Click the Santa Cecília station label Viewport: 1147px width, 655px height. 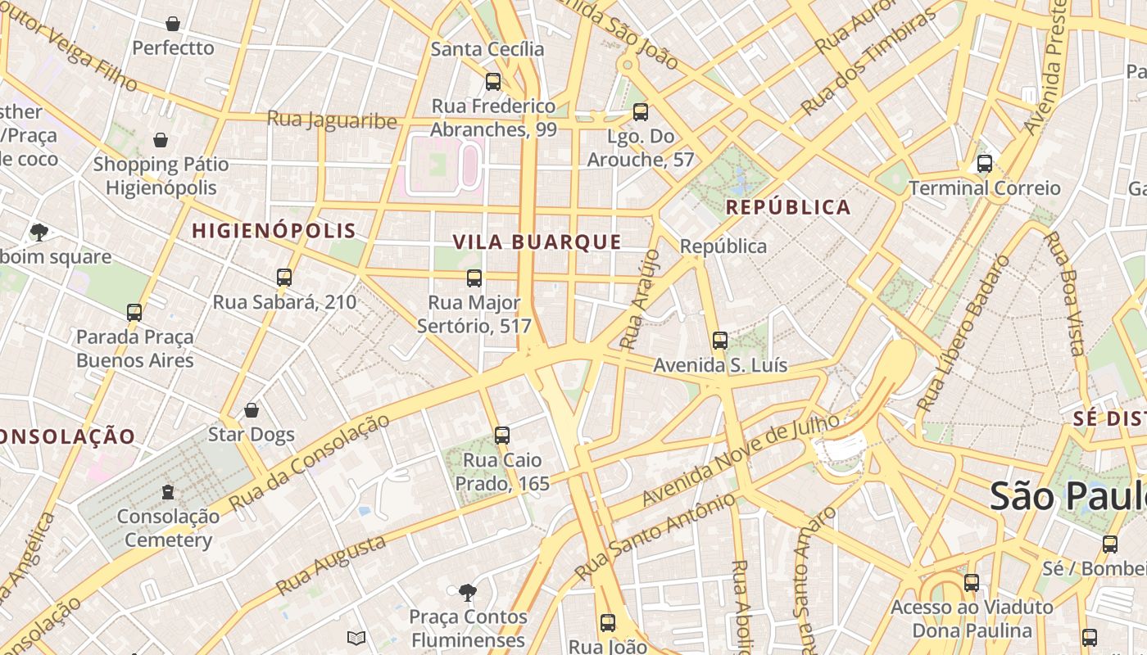pos(487,49)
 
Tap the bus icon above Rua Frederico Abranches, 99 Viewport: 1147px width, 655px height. pos(493,81)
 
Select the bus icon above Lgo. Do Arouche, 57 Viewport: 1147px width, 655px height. pos(641,111)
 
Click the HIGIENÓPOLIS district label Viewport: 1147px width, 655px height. pos(274,231)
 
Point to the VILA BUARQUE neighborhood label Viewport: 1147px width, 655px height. pos(537,242)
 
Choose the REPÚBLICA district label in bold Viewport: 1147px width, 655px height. pos(788,207)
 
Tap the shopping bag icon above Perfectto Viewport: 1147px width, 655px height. pos(173,24)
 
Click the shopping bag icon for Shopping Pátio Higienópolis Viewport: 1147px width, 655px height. pos(161,140)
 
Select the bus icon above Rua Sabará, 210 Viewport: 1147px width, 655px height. pos(284,278)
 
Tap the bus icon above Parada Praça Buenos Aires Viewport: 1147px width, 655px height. pos(134,312)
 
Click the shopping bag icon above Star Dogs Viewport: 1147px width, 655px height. pos(252,409)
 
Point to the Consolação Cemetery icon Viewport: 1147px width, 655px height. pos(168,491)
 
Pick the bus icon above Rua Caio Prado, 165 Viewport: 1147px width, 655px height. pos(502,436)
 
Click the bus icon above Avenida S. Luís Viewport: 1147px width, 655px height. pos(720,341)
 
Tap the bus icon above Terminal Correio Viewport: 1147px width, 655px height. pos(985,164)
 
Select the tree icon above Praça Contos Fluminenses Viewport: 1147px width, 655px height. pos(467,592)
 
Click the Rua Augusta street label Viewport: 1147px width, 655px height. pos(331,565)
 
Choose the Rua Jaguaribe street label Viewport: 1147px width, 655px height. pos(332,120)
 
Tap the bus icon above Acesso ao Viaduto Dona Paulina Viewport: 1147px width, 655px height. pos(972,583)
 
